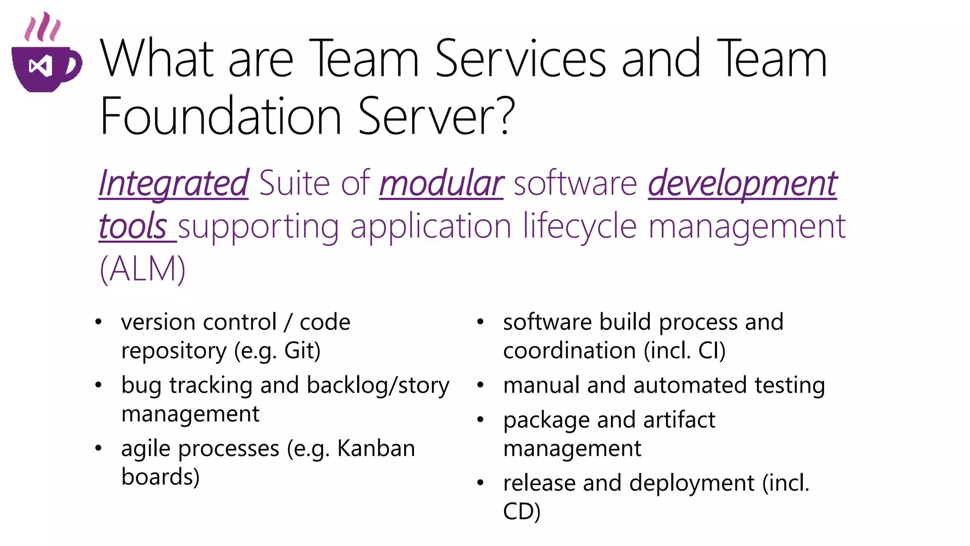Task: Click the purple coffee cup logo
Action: (x=46, y=69)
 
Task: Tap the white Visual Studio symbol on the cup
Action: (x=40, y=66)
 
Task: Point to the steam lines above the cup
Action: (x=42, y=27)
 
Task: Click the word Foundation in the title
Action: (x=221, y=117)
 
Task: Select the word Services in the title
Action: (x=520, y=59)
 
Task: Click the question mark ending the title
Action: (x=506, y=115)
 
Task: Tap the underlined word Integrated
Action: (x=173, y=183)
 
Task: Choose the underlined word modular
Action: (x=441, y=183)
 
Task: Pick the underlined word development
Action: (x=742, y=184)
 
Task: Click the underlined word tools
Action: (x=133, y=226)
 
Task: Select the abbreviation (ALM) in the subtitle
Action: (x=143, y=269)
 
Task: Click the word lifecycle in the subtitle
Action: (x=580, y=226)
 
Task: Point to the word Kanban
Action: (x=376, y=448)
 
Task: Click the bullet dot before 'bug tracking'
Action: (x=98, y=385)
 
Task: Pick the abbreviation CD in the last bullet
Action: (x=518, y=511)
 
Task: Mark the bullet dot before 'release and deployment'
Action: (x=480, y=483)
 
